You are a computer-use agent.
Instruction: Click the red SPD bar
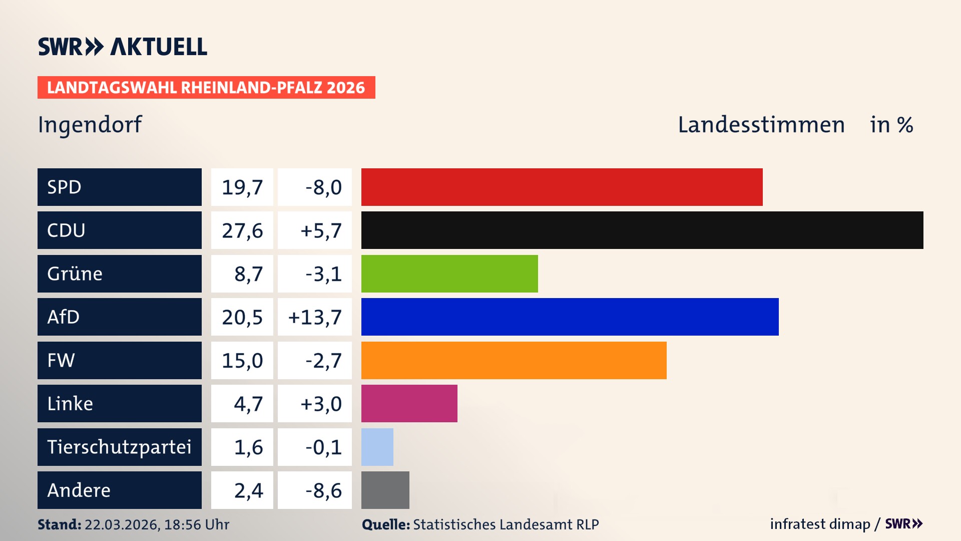click(562, 187)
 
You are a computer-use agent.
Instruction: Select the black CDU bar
click(642, 230)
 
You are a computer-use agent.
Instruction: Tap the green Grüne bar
click(449, 274)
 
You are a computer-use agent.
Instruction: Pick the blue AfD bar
click(570, 317)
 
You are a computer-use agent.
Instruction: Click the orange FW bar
click(514, 360)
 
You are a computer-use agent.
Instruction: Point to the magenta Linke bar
click(409, 403)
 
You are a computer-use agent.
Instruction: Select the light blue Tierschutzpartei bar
click(377, 447)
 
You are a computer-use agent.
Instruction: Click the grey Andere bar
click(385, 490)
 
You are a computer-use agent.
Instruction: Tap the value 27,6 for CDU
click(242, 230)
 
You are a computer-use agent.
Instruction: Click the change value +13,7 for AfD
click(315, 317)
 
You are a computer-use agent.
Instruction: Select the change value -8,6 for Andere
click(323, 490)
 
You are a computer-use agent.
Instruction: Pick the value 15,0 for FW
click(242, 361)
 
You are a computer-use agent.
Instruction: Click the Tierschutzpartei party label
click(119, 447)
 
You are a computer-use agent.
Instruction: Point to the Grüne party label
click(75, 274)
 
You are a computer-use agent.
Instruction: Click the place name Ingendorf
click(90, 124)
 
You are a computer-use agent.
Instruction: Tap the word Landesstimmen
click(761, 125)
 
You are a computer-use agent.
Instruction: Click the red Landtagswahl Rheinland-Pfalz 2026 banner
click(206, 87)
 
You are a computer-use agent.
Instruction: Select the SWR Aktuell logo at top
click(123, 47)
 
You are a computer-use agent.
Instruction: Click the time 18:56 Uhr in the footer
click(197, 524)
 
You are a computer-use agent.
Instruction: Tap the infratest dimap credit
click(820, 524)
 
